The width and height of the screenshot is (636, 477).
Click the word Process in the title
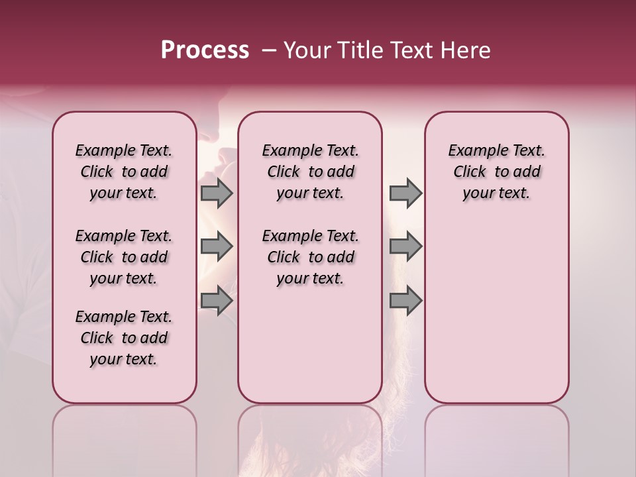[205, 50]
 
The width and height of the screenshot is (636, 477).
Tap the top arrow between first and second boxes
[216, 193]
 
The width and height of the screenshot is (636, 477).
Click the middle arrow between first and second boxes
[216, 246]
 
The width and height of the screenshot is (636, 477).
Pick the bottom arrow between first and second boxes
[216, 301]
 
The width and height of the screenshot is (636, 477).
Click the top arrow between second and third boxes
[405, 193]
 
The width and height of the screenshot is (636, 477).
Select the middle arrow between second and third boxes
[405, 246]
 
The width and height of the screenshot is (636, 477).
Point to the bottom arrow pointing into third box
[405, 301]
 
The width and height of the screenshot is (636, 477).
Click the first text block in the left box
[124, 172]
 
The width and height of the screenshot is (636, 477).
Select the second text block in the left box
[124, 257]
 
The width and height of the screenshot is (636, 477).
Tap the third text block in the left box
[124, 338]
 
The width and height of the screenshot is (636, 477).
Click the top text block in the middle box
[310, 172]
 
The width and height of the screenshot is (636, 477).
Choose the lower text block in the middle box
[310, 257]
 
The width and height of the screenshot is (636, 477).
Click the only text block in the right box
[496, 172]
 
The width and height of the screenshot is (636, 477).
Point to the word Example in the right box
[472, 151]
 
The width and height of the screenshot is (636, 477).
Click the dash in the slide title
[269, 50]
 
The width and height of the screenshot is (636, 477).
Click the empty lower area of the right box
[496, 311]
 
